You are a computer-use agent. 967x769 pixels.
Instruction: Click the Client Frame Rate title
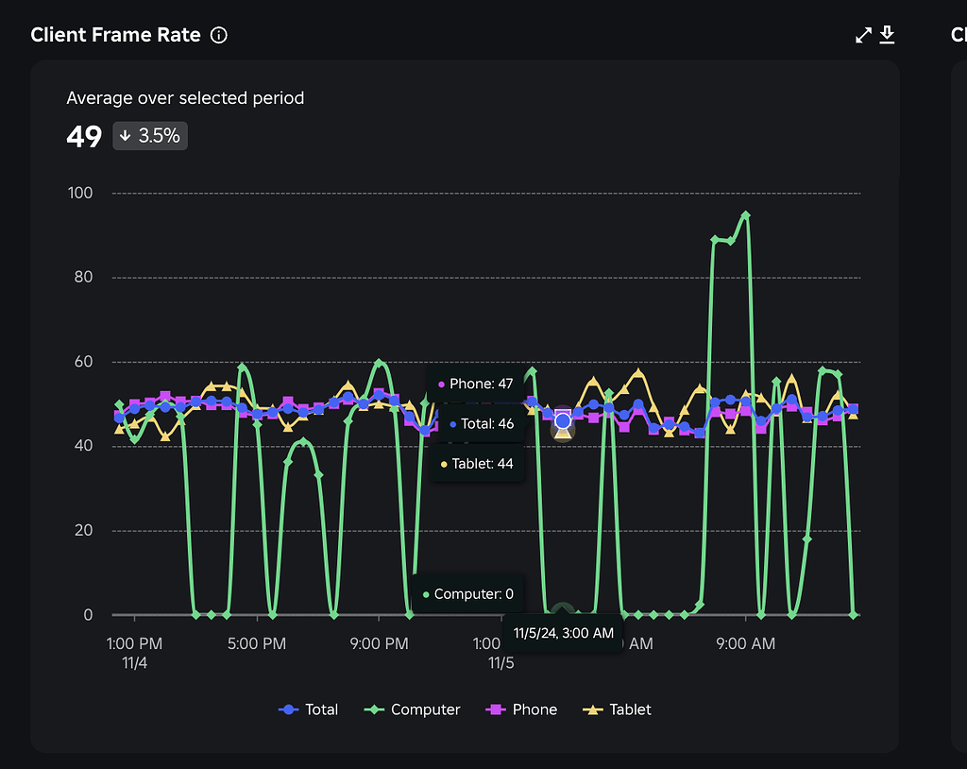[x=115, y=35]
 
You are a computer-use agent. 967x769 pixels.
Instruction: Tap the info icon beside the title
[x=219, y=36]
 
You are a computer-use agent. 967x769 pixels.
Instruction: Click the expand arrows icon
[x=863, y=36]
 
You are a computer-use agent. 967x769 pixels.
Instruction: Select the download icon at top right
[x=887, y=36]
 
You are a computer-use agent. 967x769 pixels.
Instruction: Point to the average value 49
[x=84, y=137]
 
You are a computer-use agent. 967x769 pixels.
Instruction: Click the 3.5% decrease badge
[x=150, y=136]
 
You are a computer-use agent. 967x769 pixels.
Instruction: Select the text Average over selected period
[x=185, y=98]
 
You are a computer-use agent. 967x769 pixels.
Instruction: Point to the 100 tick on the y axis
[x=81, y=194]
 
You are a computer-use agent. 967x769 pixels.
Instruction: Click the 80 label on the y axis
[x=84, y=278]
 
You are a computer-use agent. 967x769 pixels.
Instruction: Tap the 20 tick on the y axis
[x=84, y=530]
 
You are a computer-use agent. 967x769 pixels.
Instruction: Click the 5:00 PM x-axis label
[x=258, y=644]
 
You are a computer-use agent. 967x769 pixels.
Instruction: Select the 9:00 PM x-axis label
[x=379, y=644]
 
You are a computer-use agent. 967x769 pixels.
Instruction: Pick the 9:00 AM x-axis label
[x=745, y=644]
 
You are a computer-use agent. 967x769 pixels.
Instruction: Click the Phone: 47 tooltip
[x=475, y=384]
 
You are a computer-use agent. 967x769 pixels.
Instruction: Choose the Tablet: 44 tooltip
[x=475, y=464]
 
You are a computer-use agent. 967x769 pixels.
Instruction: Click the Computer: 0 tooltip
[x=467, y=594]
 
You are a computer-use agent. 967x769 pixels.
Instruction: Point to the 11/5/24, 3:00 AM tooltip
[x=563, y=633]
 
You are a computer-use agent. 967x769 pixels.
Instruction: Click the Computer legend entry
[x=414, y=709]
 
